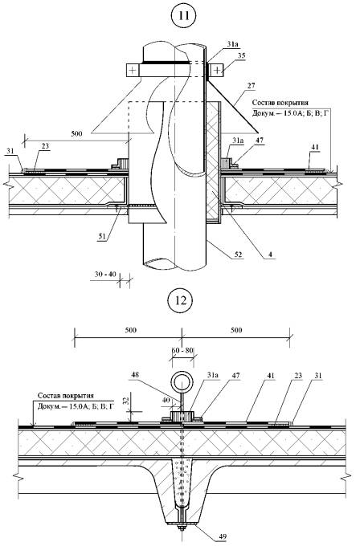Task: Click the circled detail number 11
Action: (x=184, y=16)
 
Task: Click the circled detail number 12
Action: (x=182, y=300)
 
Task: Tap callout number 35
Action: (x=242, y=55)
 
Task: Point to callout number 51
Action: (x=102, y=236)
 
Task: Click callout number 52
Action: (x=239, y=255)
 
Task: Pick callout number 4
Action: (x=270, y=255)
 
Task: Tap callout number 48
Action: (x=137, y=375)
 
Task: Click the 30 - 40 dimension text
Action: (x=105, y=275)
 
